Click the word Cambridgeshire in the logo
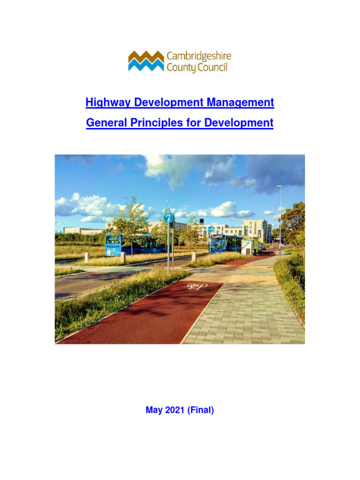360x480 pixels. tap(199, 57)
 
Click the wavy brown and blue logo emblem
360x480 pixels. tap(146, 61)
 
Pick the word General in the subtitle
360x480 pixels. tap(102, 123)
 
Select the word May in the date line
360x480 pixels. tap(154, 410)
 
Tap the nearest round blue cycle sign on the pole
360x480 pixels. tap(168, 217)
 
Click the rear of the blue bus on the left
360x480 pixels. tap(113, 245)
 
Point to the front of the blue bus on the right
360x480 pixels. tap(218, 244)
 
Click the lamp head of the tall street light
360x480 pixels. tap(279, 187)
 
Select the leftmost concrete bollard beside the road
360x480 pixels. tap(87, 257)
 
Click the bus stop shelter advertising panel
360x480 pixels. tap(246, 247)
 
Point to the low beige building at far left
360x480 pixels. tap(83, 231)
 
